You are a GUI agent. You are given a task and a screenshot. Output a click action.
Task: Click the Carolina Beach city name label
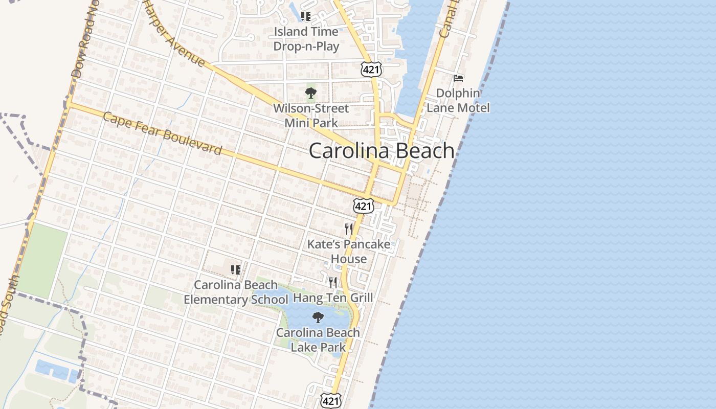(x=382, y=151)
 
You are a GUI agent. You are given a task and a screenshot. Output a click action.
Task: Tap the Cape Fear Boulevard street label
(x=163, y=133)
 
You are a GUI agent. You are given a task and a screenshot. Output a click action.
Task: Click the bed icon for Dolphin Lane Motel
(x=458, y=78)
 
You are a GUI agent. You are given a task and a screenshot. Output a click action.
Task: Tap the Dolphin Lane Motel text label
(x=458, y=101)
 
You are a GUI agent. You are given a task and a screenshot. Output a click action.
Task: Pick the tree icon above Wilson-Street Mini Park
(x=310, y=93)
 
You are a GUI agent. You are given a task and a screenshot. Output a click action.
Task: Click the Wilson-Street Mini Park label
(x=311, y=116)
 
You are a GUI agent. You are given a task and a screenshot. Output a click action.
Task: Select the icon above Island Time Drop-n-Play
(x=306, y=16)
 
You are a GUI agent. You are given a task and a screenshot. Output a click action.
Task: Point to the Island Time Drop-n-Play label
(x=306, y=39)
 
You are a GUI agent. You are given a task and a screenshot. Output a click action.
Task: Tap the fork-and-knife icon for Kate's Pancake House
(x=349, y=229)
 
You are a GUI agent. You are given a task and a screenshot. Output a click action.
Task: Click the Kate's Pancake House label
(x=349, y=252)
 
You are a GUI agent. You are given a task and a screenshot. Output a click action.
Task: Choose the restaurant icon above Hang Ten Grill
(x=333, y=282)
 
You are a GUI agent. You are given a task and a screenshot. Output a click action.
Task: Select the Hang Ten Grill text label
(x=333, y=298)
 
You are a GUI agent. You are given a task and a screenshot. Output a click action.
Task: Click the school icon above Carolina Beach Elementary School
(x=235, y=269)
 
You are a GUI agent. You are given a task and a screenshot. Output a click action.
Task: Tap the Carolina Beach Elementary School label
(x=236, y=292)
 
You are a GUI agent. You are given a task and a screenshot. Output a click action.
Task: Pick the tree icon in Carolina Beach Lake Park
(x=318, y=317)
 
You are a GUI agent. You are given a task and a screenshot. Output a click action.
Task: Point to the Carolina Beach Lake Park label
(x=318, y=340)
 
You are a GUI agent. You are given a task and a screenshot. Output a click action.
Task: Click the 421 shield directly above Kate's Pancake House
(x=363, y=207)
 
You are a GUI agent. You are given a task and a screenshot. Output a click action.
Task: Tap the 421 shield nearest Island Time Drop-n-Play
(x=370, y=70)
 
